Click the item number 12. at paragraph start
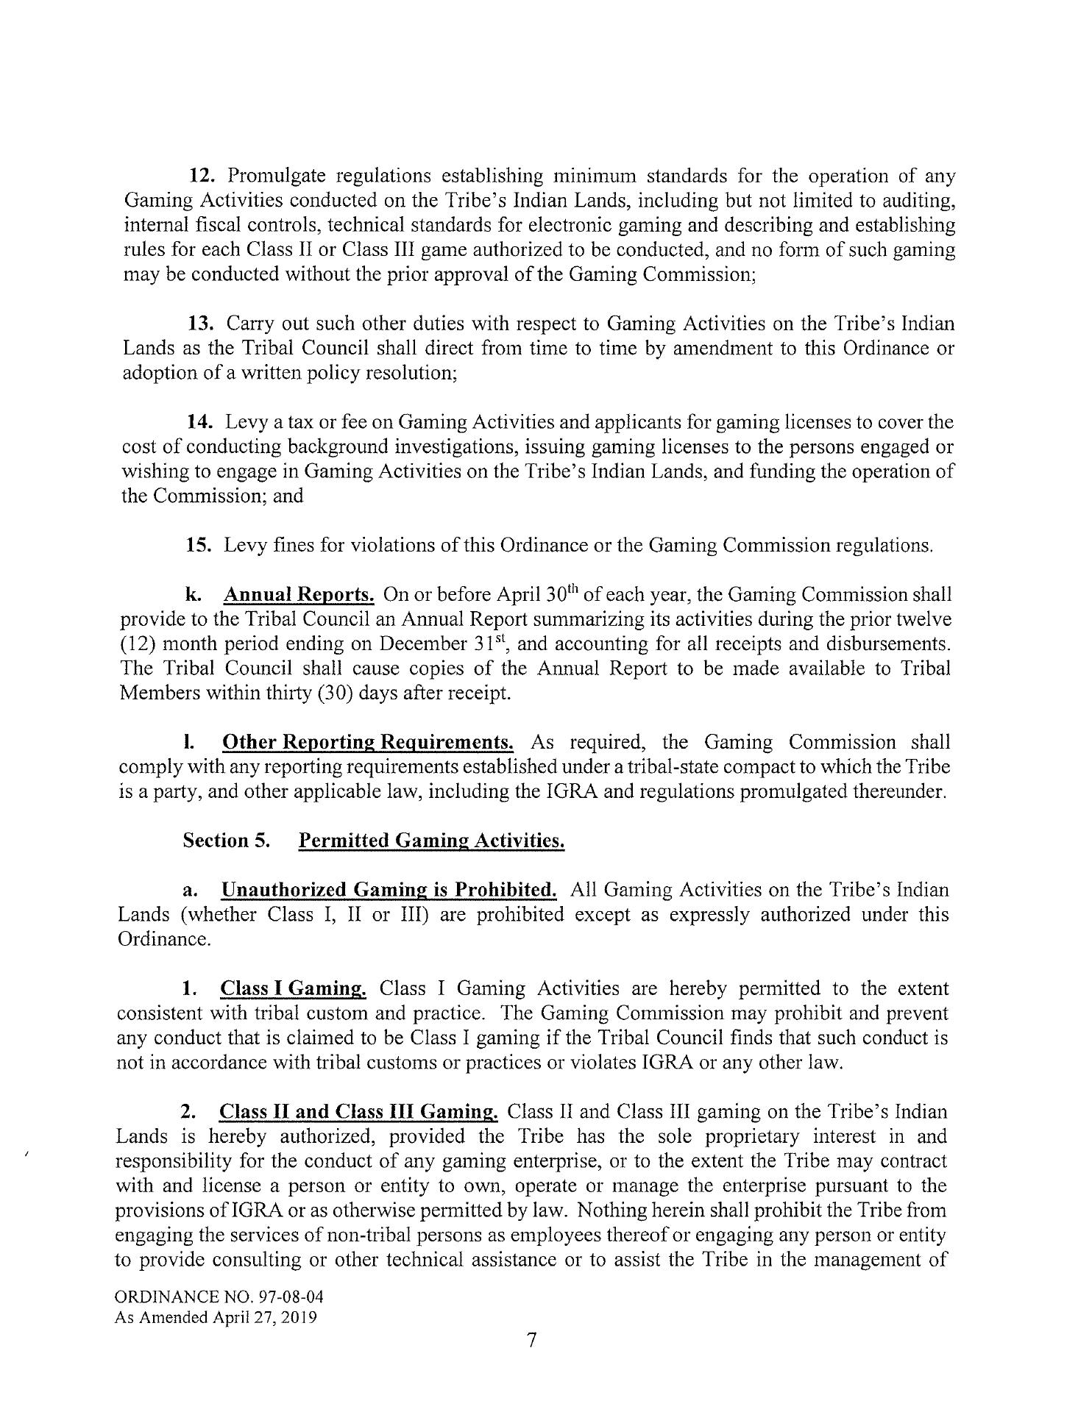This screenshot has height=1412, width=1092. [200, 176]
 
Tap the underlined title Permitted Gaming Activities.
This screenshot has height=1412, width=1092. [431, 841]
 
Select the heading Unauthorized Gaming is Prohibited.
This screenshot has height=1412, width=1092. [389, 890]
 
